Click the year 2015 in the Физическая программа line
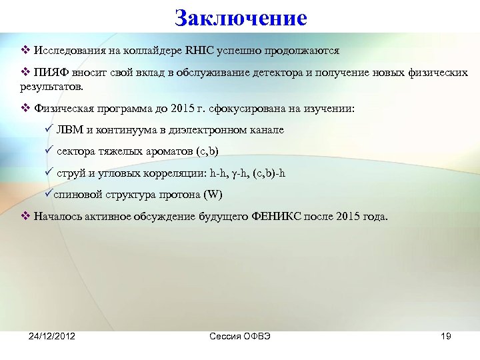click(x=180, y=108)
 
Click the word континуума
click(x=125, y=130)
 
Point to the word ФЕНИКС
click(x=277, y=217)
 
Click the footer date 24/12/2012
click(x=51, y=336)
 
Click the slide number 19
click(x=445, y=336)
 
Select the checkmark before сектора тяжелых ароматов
click(x=47, y=151)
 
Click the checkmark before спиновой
click(x=47, y=195)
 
